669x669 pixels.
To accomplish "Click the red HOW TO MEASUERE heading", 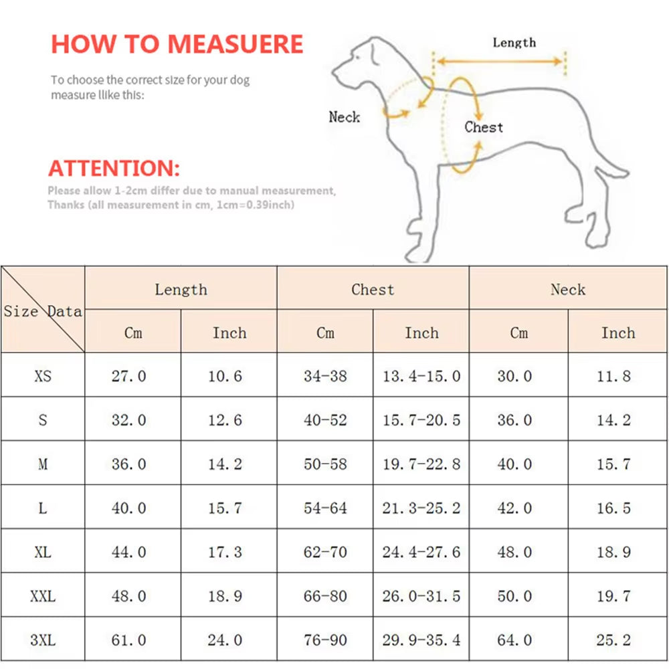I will click(177, 44).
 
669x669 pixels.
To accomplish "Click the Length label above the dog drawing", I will click(514, 43).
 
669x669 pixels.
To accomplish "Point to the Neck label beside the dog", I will click(344, 117).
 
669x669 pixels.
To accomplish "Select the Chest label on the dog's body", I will click(484, 127).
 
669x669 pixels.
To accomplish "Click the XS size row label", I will click(43, 376).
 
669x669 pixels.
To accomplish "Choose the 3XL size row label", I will click(43, 640).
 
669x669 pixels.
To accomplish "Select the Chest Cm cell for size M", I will click(325, 464).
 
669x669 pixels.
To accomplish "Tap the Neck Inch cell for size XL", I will click(613, 553).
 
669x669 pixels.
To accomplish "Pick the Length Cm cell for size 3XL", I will click(128, 640).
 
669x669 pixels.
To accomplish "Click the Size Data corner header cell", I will click(43, 310).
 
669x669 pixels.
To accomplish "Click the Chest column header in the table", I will click(373, 290).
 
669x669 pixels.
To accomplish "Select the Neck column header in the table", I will click(567, 290).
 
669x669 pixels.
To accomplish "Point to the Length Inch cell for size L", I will click(225, 508).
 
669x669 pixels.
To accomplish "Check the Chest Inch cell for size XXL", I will click(421, 596).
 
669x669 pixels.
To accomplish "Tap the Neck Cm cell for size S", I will click(514, 420).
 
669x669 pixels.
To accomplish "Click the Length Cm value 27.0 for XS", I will click(128, 376).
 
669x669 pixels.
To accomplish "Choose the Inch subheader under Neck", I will click(617, 332).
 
